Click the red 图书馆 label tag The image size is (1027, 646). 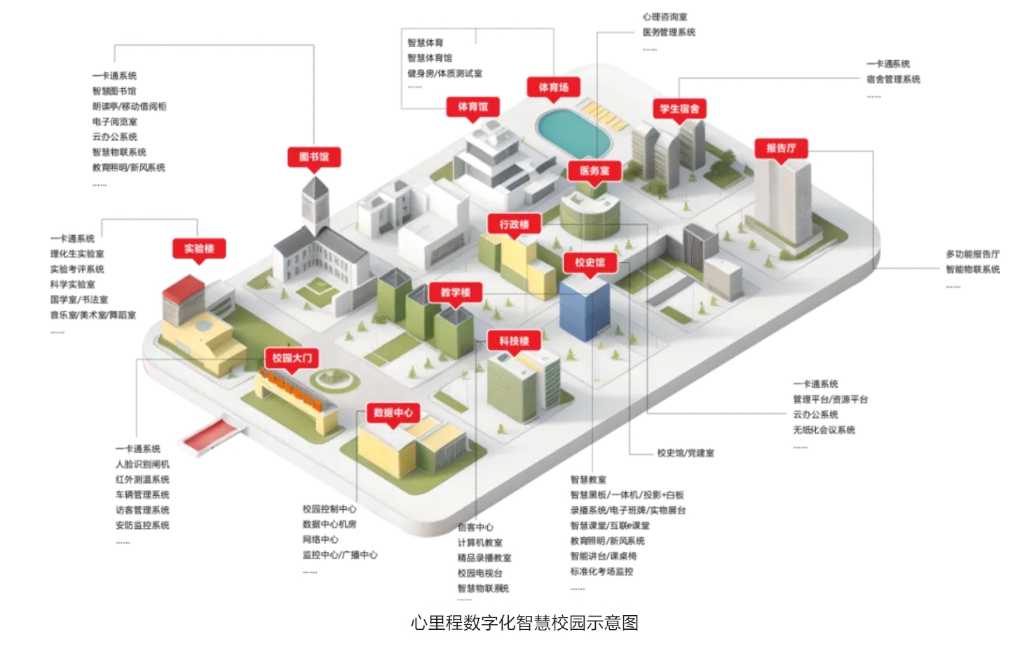click(314, 156)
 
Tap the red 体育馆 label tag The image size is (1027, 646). click(473, 107)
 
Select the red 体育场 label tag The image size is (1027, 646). click(553, 88)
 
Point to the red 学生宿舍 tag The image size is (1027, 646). click(679, 109)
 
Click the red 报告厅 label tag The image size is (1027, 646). click(781, 148)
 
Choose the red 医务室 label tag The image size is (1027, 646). click(594, 170)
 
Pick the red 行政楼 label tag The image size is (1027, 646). click(514, 224)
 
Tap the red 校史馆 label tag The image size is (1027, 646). click(590, 262)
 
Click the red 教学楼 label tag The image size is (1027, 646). click(456, 292)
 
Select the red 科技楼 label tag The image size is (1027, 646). click(514, 341)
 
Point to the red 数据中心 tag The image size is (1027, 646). click(393, 412)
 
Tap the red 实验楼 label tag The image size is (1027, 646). click(199, 248)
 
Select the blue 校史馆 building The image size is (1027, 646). click(584, 309)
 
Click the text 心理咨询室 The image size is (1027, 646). click(665, 17)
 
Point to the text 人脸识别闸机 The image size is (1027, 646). click(142, 464)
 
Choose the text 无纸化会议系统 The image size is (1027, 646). click(824, 430)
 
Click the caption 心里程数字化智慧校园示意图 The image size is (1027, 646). click(524, 623)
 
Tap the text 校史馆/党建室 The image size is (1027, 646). click(686, 453)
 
